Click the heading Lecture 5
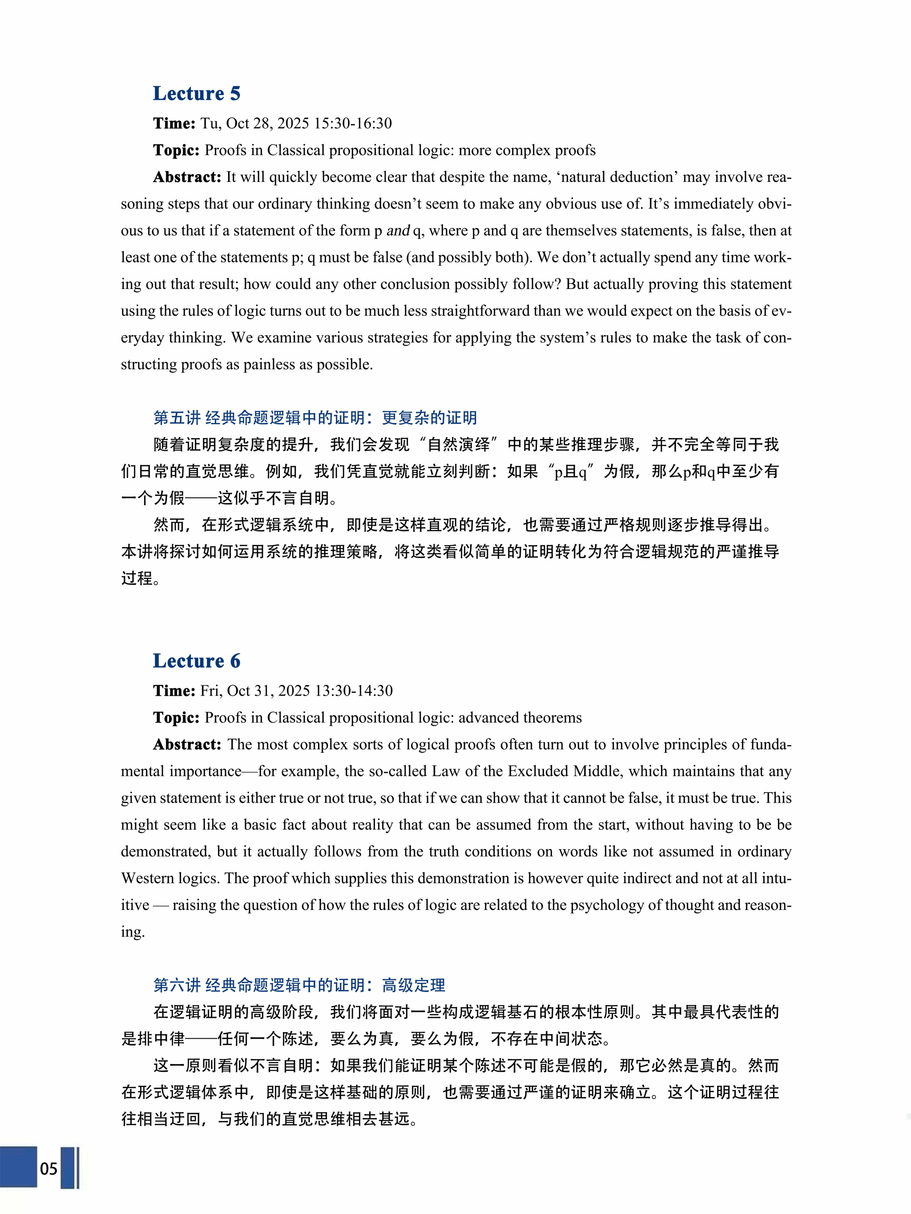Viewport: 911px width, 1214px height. [197, 93]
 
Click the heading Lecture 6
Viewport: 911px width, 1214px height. [197, 661]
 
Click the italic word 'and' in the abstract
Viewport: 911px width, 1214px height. [398, 230]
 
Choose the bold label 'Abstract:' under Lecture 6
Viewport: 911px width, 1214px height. [187, 744]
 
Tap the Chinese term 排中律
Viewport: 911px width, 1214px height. [153, 1039]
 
